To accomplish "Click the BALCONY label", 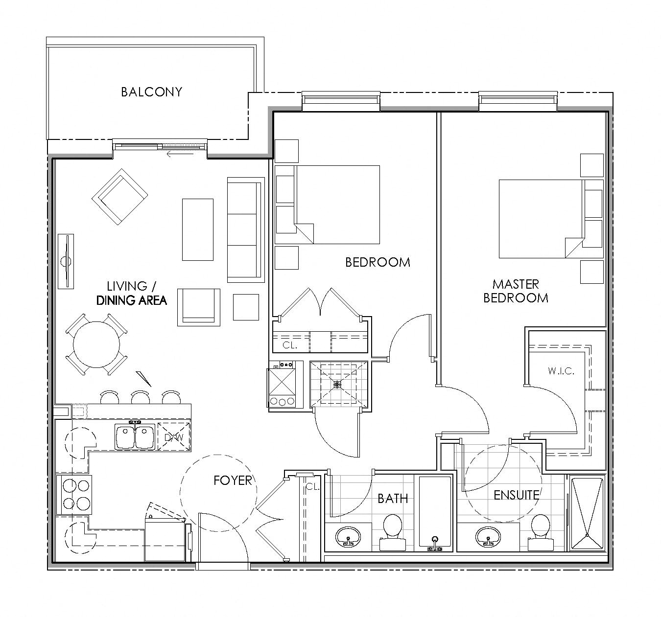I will click(151, 92).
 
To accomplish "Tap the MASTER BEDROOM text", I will click(516, 291).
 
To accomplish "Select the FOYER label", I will click(233, 480).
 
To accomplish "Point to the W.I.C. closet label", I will click(561, 371).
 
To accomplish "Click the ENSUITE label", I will click(516, 495).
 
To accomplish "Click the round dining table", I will click(96, 344).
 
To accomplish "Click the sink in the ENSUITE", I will click(488, 537).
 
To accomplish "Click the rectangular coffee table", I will click(197, 229).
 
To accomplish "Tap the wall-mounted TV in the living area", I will click(66, 261).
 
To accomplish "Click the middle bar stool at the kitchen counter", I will click(141, 397).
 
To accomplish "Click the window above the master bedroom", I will click(518, 100).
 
